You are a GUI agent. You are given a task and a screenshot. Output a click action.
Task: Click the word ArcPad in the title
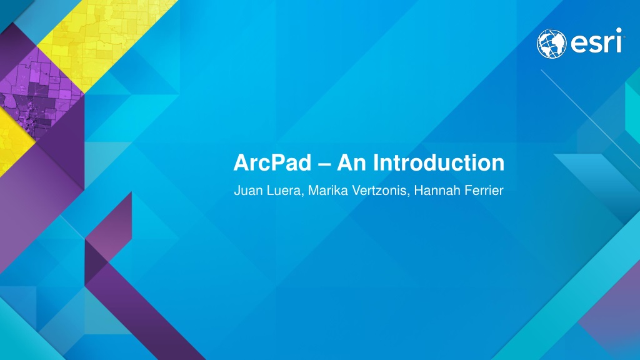tap(272, 162)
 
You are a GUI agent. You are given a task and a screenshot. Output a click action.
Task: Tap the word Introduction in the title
tap(439, 162)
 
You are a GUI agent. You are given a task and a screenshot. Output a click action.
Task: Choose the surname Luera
tap(284, 191)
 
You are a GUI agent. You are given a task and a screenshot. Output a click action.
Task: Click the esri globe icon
tap(551, 44)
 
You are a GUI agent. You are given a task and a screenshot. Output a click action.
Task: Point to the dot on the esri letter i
tap(619, 30)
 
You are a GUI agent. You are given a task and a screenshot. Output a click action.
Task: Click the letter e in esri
tap(579, 44)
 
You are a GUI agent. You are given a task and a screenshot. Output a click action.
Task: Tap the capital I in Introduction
tap(376, 162)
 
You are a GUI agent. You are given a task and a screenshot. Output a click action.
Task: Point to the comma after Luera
tap(302, 195)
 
